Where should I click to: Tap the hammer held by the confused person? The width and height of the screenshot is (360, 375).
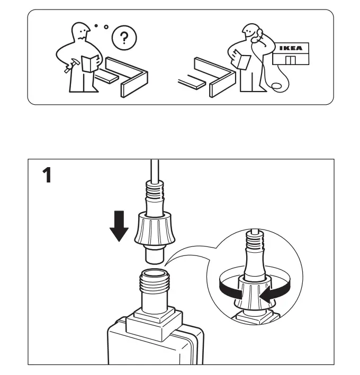68,68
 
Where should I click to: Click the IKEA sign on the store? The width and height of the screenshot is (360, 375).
291,48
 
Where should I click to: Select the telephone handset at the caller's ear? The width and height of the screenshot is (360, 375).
258,36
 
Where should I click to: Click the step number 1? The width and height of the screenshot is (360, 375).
47,175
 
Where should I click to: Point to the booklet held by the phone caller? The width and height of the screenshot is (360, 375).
244,61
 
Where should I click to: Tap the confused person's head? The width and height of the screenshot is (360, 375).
80,32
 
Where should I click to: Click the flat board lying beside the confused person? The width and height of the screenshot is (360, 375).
108,77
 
